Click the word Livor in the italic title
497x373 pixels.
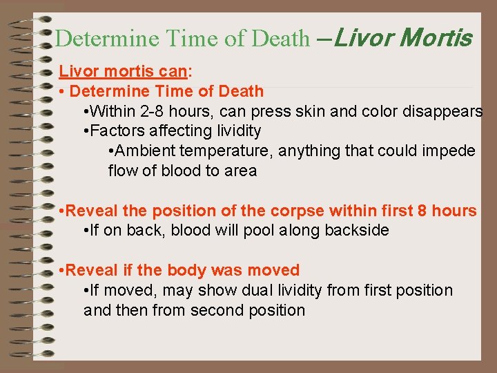pos(359,37)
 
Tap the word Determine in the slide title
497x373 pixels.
pos(98,38)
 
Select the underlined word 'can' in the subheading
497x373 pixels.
pos(175,72)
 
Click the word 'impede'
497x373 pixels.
pos(450,151)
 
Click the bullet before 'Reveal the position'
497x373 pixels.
pos(62,211)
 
